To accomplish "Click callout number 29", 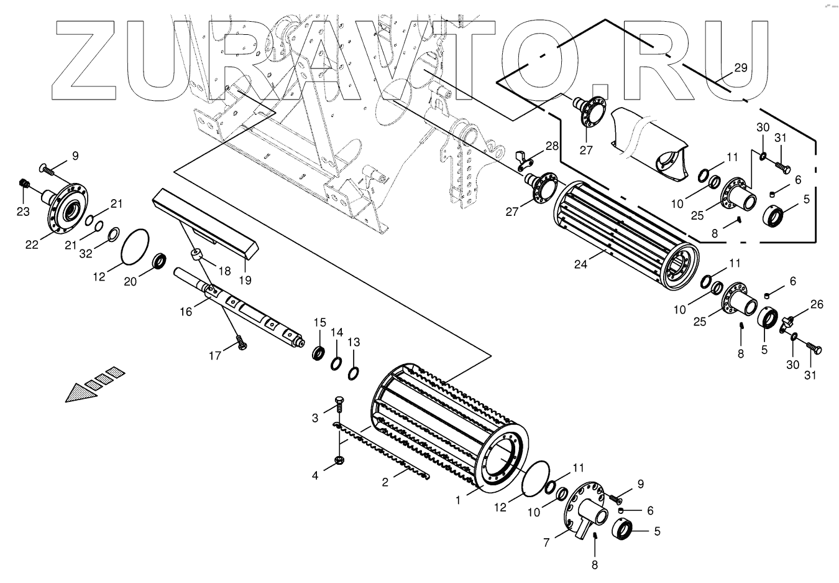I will (740, 68).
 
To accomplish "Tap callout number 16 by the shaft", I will (186, 311).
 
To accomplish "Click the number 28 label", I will (552, 146).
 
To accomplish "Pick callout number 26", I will (817, 304).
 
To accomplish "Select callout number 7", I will (546, 543).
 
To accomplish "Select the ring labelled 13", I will (354, 373).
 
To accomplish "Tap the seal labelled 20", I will (160, 260).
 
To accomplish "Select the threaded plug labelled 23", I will (25, 184).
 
